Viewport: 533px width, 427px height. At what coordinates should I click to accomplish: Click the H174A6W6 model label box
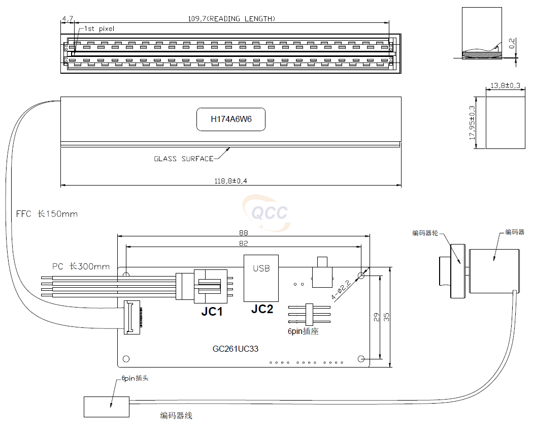pos(231,119)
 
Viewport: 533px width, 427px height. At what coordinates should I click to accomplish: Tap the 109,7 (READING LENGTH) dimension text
pos(231,19)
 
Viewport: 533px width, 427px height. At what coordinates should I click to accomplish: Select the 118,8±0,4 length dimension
pos(231,180)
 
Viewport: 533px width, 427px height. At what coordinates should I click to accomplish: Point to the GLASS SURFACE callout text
pos(183,159)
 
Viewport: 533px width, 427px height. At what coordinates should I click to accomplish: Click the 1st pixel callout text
pos(99,29)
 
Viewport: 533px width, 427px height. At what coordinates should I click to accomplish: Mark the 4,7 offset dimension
pos(67,19)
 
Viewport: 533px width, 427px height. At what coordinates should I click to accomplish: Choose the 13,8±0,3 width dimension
pos(505,86)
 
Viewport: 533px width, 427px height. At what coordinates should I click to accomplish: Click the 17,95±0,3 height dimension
pos(473,123)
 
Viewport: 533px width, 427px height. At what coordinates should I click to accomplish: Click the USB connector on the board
pos(261,278)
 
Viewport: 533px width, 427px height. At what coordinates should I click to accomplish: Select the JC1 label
pos(212,312)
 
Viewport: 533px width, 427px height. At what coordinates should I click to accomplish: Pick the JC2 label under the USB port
pos(262,309)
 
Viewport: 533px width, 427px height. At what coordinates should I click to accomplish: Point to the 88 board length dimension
pos(244,232)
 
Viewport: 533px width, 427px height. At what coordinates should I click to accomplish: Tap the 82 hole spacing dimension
pos(244,243)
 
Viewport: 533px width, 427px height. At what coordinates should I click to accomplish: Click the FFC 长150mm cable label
pos(47,214)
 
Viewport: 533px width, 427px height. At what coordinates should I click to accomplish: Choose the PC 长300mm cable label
pos(81,266)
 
